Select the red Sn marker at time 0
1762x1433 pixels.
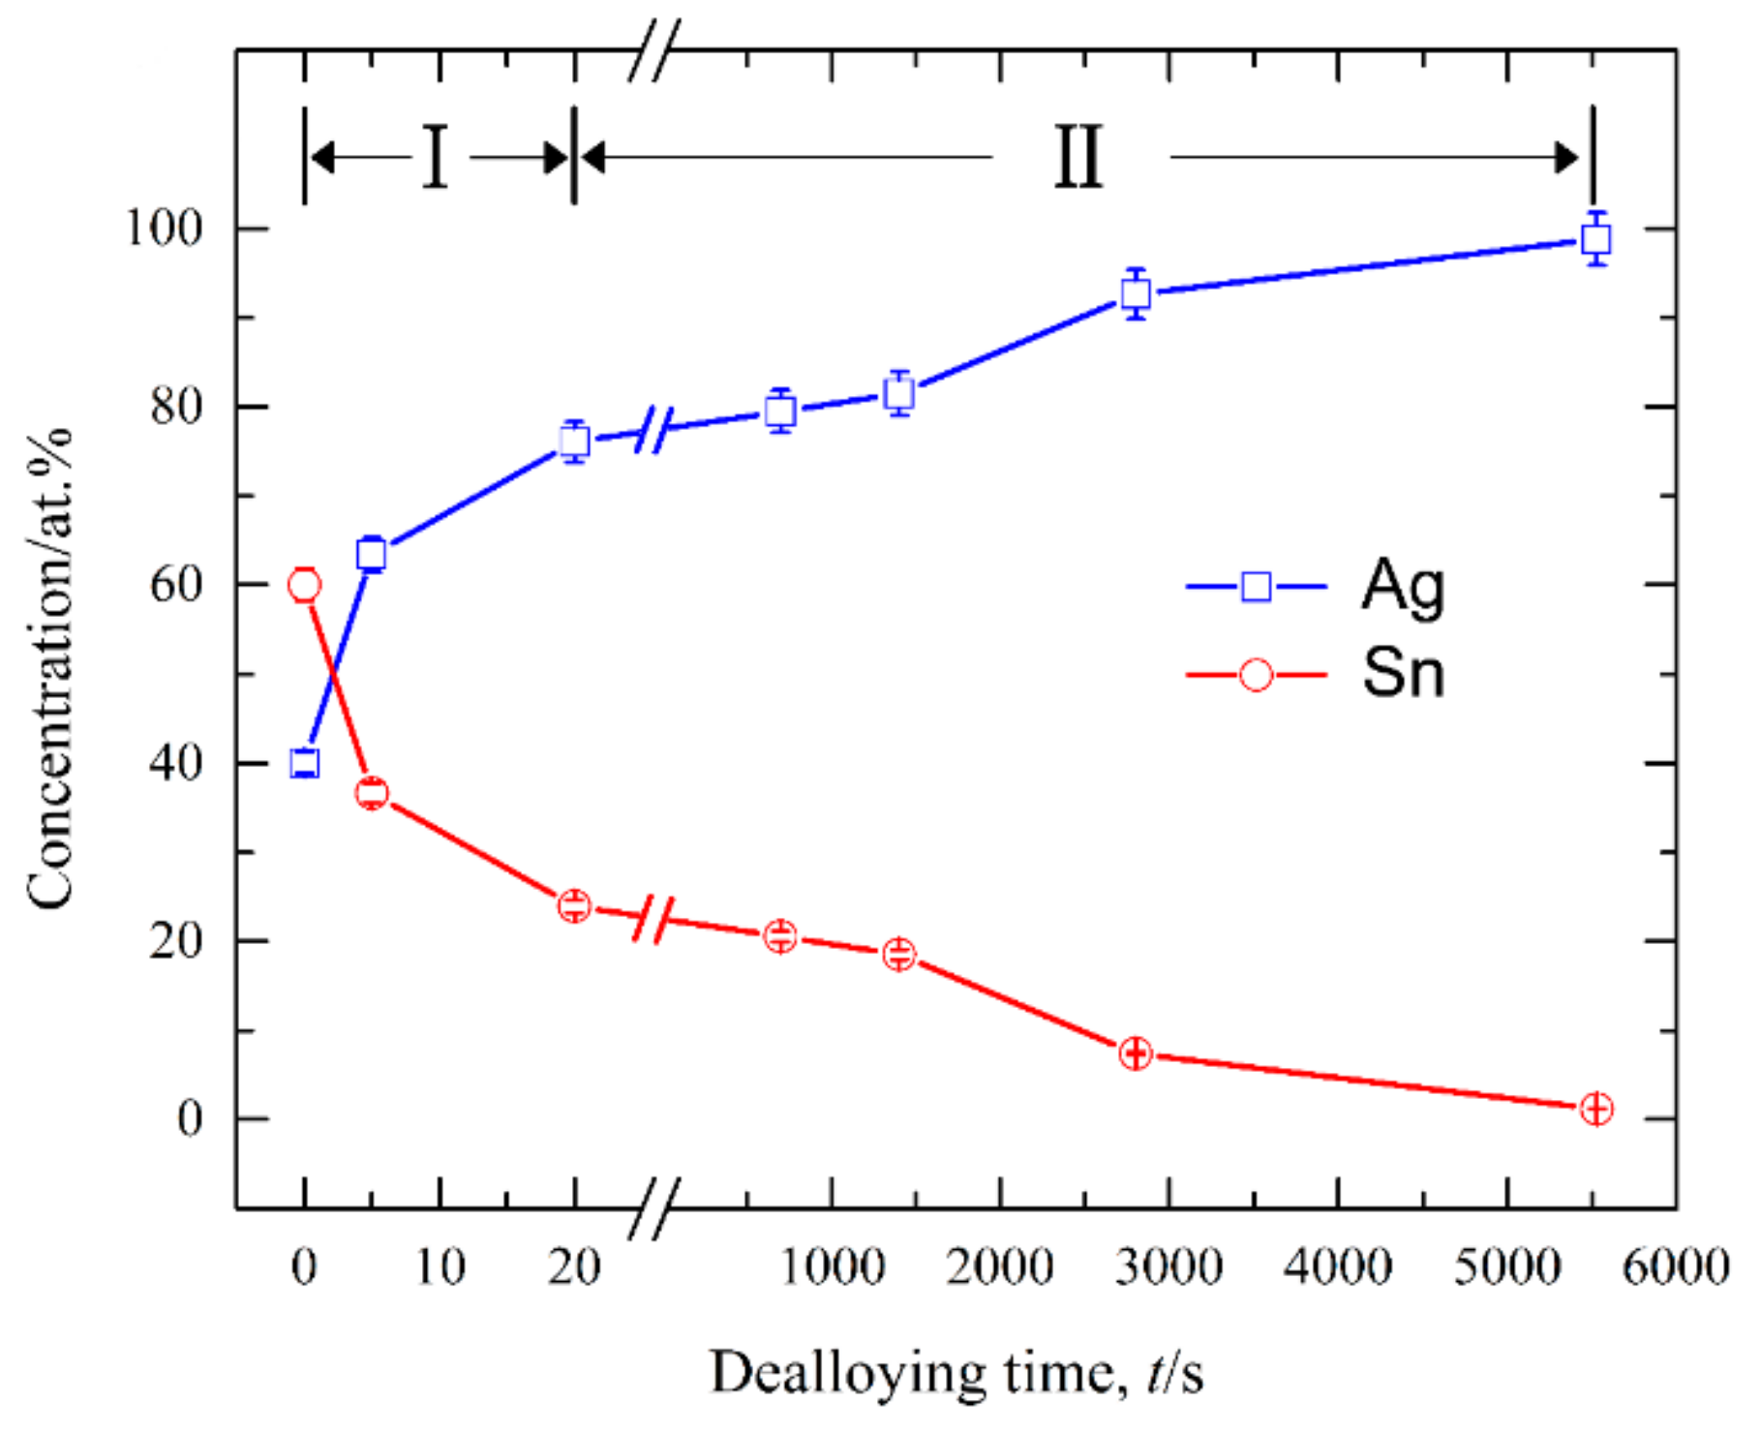click(x=304, y=585)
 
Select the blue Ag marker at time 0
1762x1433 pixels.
click(x=304, y=763)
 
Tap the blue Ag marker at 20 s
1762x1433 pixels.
click(x=574, y=442)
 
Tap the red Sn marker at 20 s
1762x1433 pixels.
click(x=574, y=906)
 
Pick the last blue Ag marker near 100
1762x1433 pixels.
click(x=1595, y=239)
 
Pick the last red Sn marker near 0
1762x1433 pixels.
click(x=1595, y=1109)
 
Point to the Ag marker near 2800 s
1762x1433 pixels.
click(x=1136, y=293)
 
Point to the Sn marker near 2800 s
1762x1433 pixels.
click(x=1136, y=1053)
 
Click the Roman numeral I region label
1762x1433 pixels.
click(x=436, y=157)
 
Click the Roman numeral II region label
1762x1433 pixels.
click(x=1078, y=157)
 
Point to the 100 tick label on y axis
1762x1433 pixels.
click(x=165, y=229)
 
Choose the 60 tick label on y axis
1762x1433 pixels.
click(x=176, y=585)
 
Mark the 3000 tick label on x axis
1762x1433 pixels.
click(x=1169, y=1266)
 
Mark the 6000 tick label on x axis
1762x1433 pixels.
click(x=1676, y=1266)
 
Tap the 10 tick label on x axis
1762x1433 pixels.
click(x=440, y=1266)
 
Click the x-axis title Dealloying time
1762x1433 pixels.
click(x=957, y=1373)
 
